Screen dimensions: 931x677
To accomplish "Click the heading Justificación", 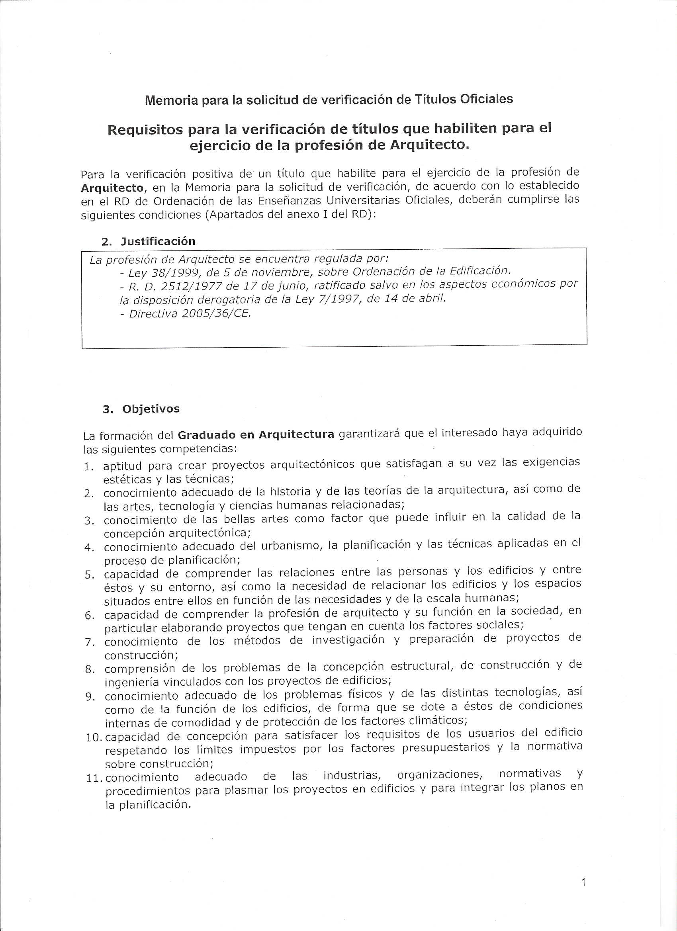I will [x=158, y=241].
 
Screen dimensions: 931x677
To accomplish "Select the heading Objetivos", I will [x=151, y=409].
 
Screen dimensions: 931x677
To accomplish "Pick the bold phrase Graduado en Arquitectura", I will [x=257, y=435].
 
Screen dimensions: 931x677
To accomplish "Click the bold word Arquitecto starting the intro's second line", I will [x=112, y=188].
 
